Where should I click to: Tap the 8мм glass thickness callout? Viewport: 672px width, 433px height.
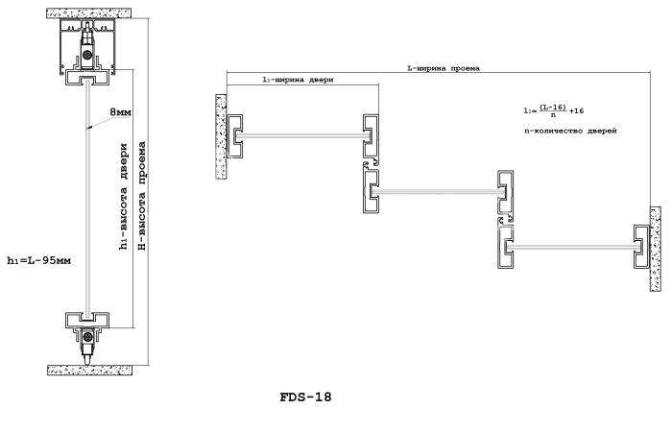122,112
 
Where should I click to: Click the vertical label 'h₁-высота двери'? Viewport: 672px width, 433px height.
124,201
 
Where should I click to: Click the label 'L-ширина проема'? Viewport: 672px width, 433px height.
443,68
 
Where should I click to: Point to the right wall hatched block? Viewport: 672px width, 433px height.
656,251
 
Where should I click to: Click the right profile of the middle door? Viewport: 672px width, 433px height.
505,192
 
